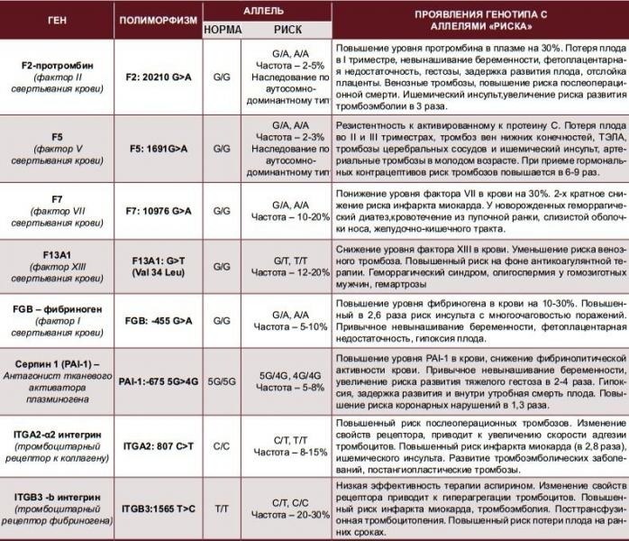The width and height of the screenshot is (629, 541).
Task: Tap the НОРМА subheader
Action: pos(223,29)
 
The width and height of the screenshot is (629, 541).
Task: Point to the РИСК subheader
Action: pos(287,29)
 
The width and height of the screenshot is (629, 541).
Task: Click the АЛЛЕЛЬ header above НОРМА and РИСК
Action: pos(266,10)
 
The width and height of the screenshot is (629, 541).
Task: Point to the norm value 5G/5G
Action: pos(223,381)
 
